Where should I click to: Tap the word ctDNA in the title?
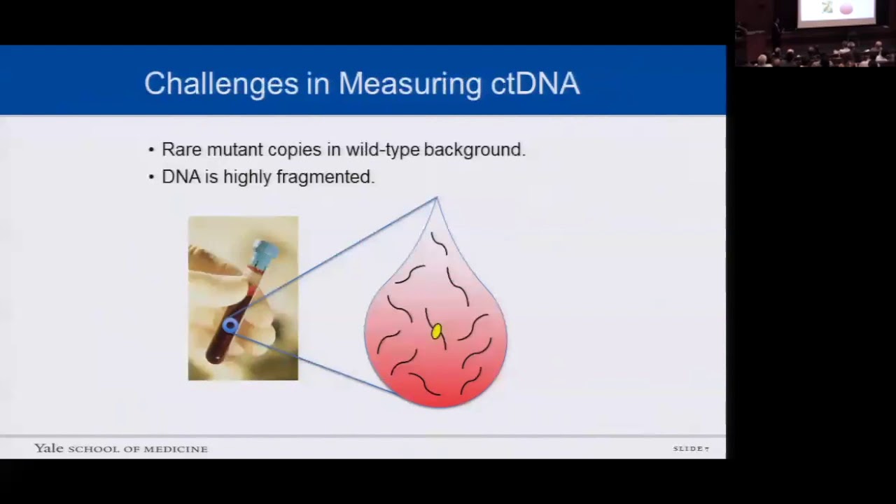tap(535, 83)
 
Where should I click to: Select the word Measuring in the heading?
tap(410, 83)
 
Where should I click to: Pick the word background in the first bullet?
tap(472, 150)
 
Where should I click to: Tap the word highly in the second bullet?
tap(248, 177)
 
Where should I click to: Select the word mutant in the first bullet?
tap(234, 150)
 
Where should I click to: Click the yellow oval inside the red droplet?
tap(437, 331)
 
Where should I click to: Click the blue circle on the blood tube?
tap(230, 325)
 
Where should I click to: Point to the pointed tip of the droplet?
tap(437, 200)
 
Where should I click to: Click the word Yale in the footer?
tap(49, 449)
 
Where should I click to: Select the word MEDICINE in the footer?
tap(176, 449)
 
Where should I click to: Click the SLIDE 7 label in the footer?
tap(691, 449)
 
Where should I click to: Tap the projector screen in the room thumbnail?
tap(836, 10)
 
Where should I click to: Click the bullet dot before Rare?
tap(151, 150)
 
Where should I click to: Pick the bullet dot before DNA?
tap(151, 178)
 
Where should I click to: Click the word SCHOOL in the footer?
tap(93, 449)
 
